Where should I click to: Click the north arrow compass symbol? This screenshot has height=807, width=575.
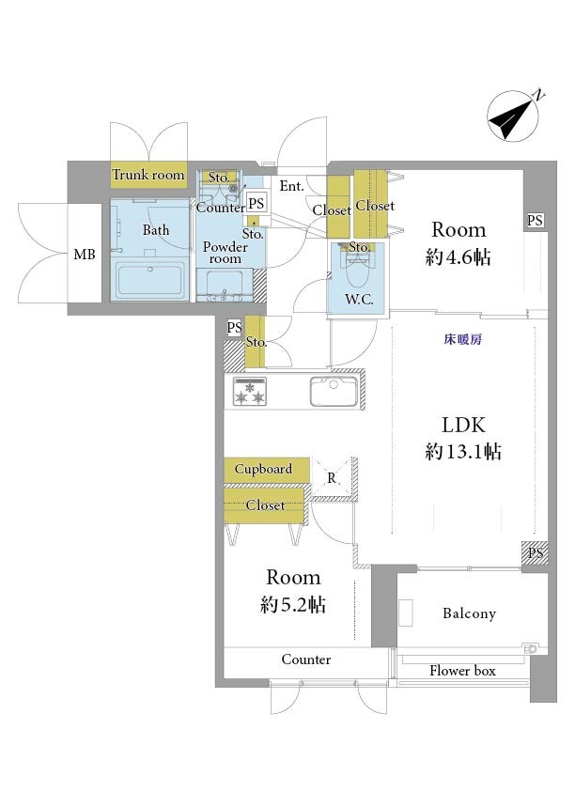point(513,116)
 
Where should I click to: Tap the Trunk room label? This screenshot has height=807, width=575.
point(148,175)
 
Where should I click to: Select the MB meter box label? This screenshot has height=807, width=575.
point(85,255)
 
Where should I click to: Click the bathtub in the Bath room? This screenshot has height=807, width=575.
point(149,279)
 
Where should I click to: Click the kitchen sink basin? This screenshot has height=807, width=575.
point(334,391)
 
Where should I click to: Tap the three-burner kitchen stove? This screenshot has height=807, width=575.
point(250,392)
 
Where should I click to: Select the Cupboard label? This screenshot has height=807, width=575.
point(263,469)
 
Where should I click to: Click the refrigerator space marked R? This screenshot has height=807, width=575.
point(332,478)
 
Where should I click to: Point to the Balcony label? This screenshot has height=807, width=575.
point(469,613)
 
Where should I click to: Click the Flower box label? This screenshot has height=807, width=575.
point(462,671)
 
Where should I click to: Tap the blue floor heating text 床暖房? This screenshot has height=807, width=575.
point(463,340)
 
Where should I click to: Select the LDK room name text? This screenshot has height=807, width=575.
point(463,426)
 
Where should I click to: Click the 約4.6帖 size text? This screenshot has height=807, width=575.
point(458,256)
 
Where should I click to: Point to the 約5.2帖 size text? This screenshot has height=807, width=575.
point(293,604)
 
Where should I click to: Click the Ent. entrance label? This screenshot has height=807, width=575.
point(292,186)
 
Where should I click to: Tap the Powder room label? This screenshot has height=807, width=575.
point(225,253)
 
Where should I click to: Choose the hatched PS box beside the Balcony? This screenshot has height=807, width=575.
point(536,553)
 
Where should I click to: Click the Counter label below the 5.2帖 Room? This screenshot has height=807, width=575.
point(305,660)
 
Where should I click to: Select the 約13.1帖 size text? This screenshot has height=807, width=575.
point(463,451)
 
